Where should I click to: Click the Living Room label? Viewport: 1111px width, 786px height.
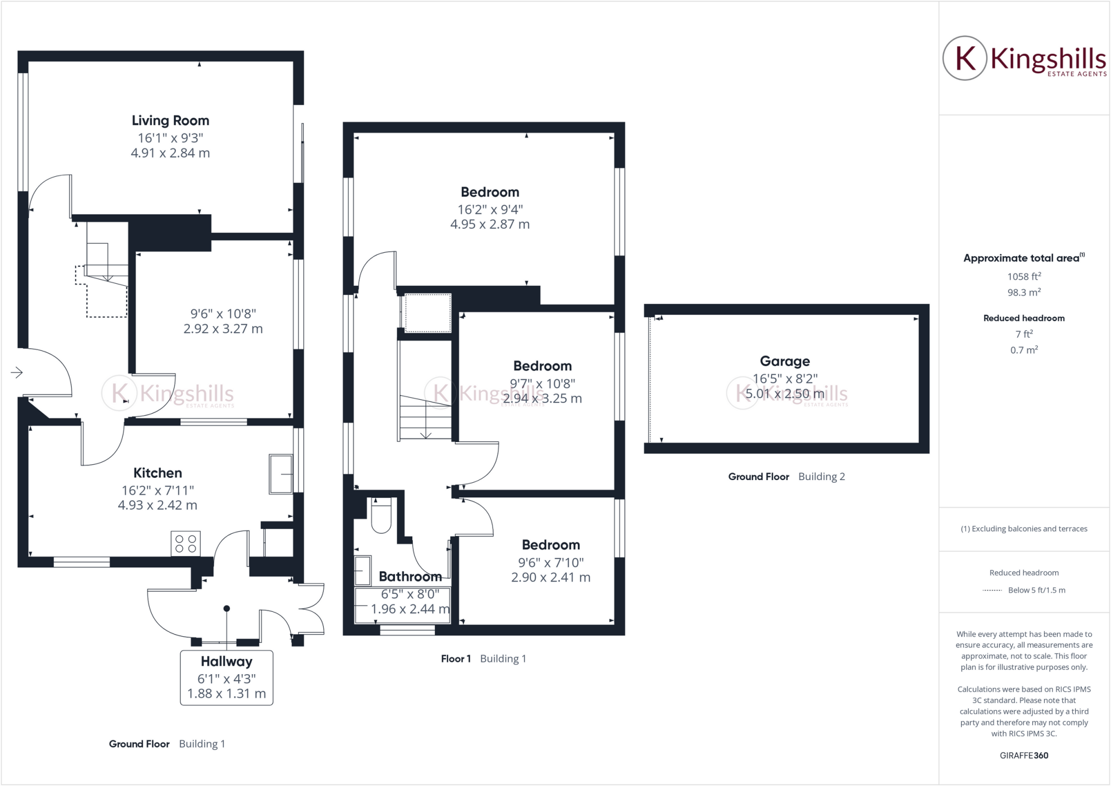(170, 120)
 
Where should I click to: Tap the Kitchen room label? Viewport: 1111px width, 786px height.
(157, 472)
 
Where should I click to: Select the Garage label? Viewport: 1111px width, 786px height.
(784, 361)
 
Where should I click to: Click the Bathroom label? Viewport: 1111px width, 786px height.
(410, 576)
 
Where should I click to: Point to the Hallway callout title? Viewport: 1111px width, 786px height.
(226, 661)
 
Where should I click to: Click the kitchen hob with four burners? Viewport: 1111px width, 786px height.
(186, 544)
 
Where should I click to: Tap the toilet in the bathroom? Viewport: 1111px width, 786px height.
(381, 515)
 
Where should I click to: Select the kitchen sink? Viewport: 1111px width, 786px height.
(281, 474)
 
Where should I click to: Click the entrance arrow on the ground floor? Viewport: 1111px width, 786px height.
(17, 372)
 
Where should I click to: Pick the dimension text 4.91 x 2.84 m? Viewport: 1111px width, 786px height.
(170, 153)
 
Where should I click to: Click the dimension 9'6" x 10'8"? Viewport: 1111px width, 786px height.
(223, 314)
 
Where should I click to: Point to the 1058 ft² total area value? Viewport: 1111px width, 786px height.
(1024, 276)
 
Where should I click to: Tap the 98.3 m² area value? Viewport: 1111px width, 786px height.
(1024, 292)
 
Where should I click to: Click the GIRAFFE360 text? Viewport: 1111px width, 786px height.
(1024, 755)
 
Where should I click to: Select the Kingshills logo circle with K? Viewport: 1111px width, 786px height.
(965, 59)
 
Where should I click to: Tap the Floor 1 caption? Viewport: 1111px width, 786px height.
(456, 659)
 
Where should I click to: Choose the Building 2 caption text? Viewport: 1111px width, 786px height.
(821, 477)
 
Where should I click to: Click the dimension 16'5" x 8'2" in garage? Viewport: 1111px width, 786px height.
(784, 378)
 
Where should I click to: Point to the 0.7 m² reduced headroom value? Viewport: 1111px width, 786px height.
(1024, 350)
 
